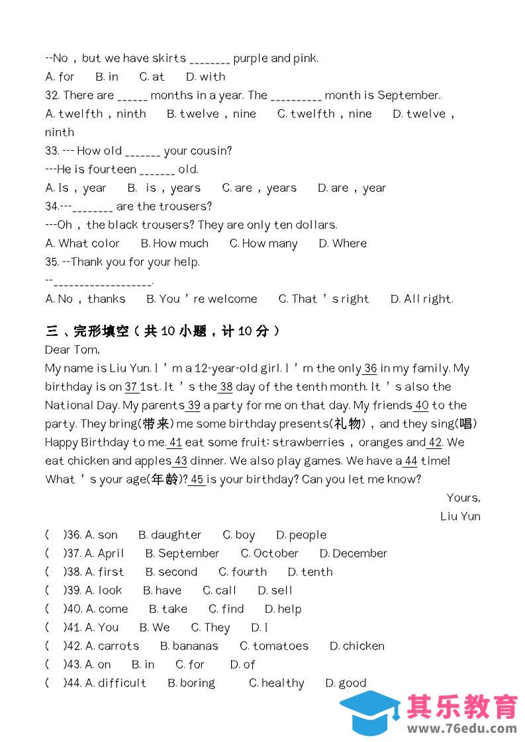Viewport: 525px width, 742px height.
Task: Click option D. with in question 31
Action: pyautogui.click(x=205, y=77)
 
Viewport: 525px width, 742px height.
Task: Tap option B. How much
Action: pyautogui.click(x=174, y=243)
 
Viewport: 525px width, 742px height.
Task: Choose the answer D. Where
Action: pyautogui.click(x=342, y=243)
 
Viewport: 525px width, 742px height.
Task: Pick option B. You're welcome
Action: pyautogui.click(x=201, y=299)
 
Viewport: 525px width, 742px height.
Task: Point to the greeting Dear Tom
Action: pyautogui.click(x=72, y=349)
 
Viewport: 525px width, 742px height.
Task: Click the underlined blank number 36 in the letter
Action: pyautogui.click(x=370, y=368)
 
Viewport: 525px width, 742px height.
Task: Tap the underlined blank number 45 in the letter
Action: pyautogui.click(x=197, y=479)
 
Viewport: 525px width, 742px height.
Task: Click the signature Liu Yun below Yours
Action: pyautogui.click(x=460, y=516)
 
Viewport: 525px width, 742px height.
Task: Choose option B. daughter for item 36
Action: pyautogui.click(x=169, y=535)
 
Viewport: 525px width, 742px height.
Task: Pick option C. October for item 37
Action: pyautogui.click(x=269, y=554)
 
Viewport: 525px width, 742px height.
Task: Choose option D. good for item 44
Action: pyautogui.click(x=346, y=683)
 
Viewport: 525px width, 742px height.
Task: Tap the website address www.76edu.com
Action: pyautogui.click(x=461, y=729)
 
